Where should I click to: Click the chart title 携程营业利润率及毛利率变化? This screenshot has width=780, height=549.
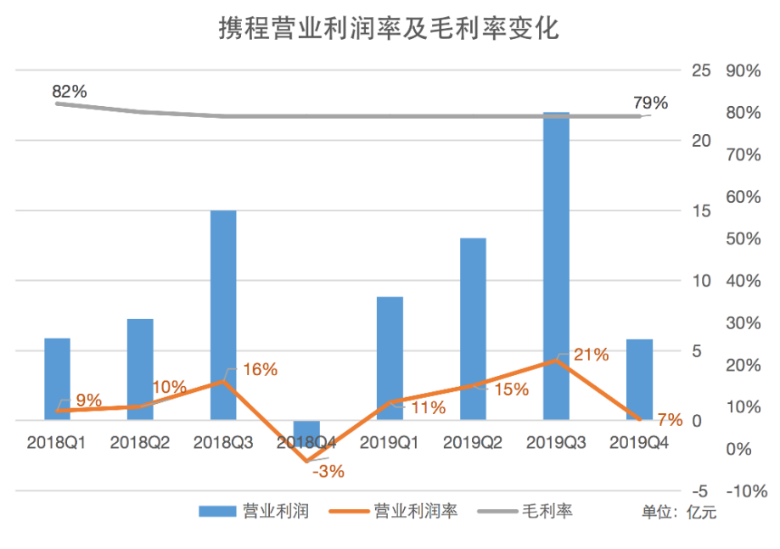pos(389,31)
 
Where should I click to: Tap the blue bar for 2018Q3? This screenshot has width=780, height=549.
pos(223,315)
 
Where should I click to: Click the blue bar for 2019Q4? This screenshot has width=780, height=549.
pos(639,379)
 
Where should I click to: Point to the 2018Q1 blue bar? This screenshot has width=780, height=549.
pos(57,378)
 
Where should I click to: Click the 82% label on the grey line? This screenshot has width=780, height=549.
pos(70,91)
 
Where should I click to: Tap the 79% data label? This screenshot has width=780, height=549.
pos(651,103)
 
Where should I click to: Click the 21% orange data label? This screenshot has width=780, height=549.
pos(592,355)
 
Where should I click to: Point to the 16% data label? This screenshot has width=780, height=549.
pos(260,369)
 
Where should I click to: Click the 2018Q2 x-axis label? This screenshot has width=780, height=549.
pos(140,442)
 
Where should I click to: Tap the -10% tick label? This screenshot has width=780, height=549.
pos(747,491)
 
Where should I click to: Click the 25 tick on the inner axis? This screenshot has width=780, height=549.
pos(701,70)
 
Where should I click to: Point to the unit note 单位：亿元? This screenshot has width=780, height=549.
pos(679,512)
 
